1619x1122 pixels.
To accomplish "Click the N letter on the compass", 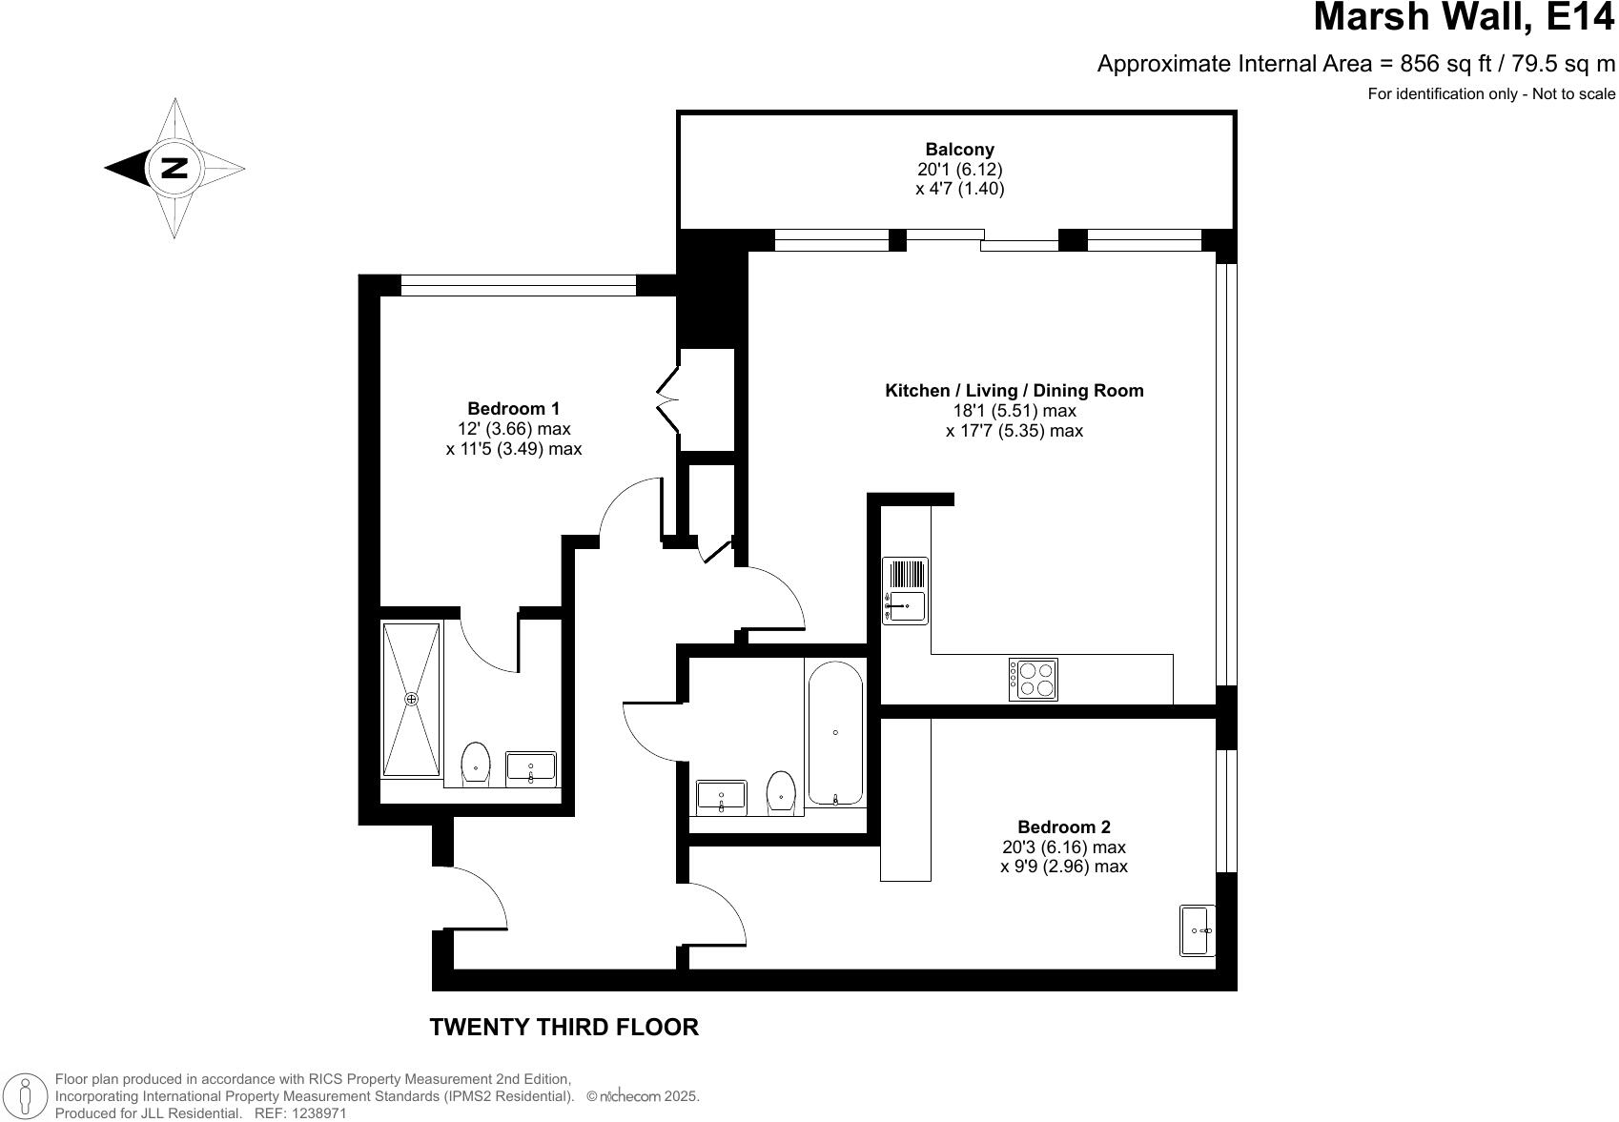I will [174, 168].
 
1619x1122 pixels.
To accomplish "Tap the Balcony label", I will [959, 150].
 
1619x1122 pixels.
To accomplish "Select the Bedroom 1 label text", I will [513, 409].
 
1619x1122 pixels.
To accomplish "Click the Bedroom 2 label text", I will [1063, 827].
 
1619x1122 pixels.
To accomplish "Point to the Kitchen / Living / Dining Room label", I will [1014, 391].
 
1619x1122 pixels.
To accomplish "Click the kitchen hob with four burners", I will [1034, 679].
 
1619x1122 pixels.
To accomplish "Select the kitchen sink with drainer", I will [905, 591].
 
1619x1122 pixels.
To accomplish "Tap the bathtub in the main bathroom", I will [835, 733].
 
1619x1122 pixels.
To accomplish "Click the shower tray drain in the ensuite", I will [412, 699].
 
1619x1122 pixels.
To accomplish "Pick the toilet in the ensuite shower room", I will [475, 763].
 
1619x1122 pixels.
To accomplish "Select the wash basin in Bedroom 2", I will [1198, 929].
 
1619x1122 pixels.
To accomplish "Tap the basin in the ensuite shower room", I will [531, 767].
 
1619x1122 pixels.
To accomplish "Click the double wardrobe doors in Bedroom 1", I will [666, 398].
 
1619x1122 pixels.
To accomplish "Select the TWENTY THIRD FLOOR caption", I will [564, 1027].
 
